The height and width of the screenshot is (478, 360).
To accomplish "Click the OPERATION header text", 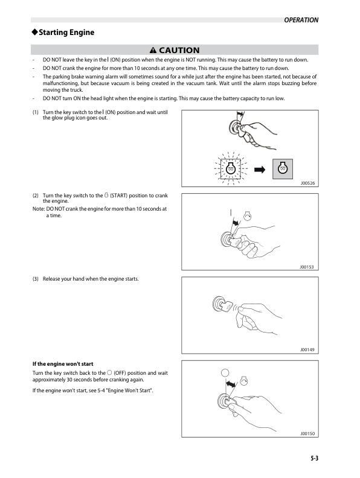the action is click(301, 20).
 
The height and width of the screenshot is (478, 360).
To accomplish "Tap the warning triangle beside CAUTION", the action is click(153, 50).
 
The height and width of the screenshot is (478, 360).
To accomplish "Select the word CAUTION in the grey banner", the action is click(179, 50).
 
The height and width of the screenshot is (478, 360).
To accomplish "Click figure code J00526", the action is click(307, 183).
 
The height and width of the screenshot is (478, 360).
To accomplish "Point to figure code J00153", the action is click(307, 267).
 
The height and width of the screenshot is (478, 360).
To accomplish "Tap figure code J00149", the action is click(307, 349).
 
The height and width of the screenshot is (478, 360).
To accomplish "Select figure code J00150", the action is click(307, 433).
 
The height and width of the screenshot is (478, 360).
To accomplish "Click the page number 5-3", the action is click(315, 458).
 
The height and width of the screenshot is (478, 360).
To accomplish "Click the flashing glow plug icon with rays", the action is click(231, 168).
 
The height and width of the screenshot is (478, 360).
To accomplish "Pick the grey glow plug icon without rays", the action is click(283, 169).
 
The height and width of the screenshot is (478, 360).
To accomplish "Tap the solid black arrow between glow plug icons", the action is click(260, 170).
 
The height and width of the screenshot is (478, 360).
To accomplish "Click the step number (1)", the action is click(36, 112).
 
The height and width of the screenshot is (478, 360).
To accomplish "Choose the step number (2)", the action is click(36, 196).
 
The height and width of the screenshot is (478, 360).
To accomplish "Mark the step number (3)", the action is click(36, 279).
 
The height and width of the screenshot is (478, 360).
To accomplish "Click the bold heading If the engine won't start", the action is click(63, 364).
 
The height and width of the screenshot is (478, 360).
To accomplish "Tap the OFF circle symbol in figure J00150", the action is click(225, 373).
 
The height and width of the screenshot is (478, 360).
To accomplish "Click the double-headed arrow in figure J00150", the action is click(231, 384).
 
